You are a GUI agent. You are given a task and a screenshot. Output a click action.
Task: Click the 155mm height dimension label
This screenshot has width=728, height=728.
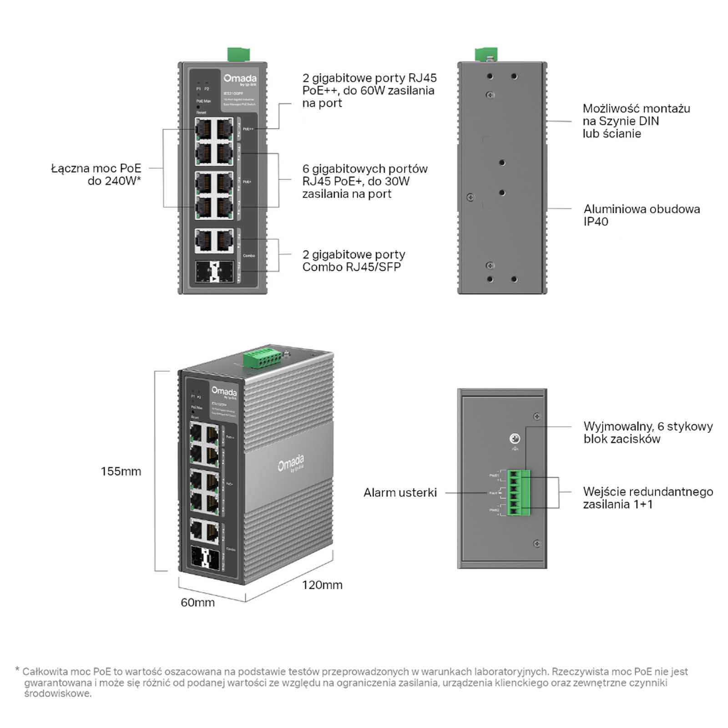121,471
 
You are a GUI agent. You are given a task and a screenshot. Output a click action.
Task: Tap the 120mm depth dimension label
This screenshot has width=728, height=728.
322,585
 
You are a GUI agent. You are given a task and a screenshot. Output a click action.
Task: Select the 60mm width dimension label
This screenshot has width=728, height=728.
197,602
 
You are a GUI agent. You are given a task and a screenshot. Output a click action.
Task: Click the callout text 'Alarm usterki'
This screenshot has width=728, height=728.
400,492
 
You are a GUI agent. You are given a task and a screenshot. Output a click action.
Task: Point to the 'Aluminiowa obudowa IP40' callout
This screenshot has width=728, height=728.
642,215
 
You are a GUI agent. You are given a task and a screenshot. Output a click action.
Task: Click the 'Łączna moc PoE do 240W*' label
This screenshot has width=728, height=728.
96,174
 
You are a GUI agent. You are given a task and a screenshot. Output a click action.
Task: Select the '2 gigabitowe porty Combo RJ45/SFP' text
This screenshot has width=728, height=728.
354,261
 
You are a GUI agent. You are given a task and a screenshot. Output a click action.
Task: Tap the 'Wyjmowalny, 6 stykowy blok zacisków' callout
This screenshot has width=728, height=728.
648,433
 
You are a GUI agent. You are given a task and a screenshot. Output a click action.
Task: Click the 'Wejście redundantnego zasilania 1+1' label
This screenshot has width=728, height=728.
648,498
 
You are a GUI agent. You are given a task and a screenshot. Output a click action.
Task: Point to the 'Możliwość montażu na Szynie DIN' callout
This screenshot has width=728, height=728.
636,121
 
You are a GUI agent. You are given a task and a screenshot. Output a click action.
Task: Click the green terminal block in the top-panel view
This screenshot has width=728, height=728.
519,493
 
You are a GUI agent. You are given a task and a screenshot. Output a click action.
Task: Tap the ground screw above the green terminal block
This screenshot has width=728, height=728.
515,439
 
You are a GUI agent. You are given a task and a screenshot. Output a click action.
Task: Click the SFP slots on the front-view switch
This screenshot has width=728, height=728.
214,272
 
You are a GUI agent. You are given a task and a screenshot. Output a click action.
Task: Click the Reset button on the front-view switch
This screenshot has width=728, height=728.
198,107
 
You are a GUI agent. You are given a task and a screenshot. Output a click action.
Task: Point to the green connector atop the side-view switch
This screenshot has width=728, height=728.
486,54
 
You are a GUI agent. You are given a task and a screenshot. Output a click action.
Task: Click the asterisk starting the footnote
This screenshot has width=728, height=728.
17,670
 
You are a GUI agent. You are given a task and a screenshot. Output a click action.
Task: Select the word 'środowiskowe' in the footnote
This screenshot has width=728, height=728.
58,693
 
